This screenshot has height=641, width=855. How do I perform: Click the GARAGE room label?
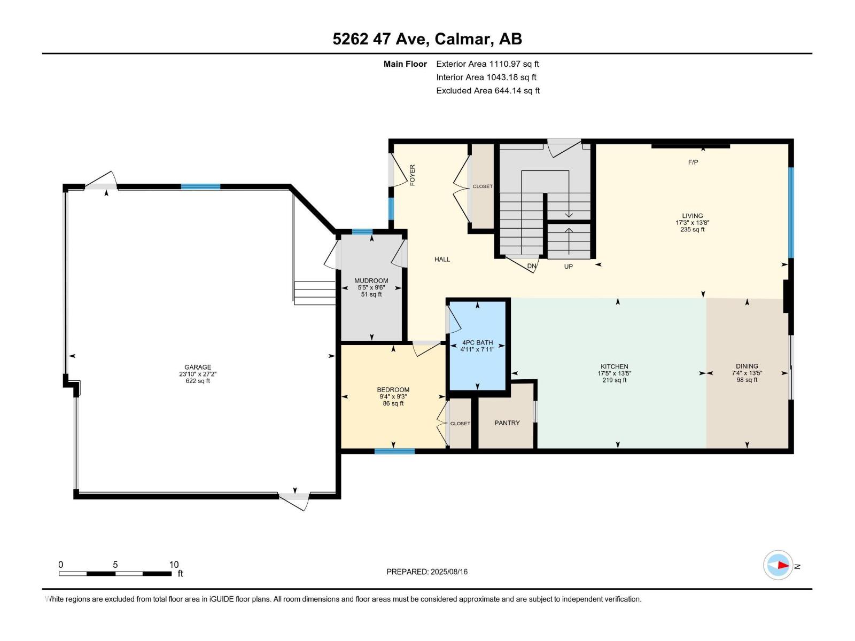click(x=198, y=367)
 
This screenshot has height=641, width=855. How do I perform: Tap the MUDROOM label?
click(x=371, y=280)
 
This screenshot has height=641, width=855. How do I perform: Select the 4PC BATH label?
click(x=478, y=342)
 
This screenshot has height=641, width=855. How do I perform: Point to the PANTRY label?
click(x=507, y=423)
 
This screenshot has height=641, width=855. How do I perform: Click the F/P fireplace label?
click(x=693, y=162)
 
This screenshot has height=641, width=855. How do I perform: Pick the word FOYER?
click(x=413, y=175)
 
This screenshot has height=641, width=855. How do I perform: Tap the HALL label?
click(x=442, y=259)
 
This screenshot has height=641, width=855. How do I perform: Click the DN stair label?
click(x=532, y=266)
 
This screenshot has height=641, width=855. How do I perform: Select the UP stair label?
click(x=569, y=267)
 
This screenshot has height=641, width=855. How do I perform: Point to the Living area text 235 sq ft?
click(x=692, y=230)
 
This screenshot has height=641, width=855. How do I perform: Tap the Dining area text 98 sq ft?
click(x=747, y=380)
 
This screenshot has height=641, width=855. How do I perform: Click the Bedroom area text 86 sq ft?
click(x=393, y=404)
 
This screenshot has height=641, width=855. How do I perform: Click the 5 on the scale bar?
click(x=115, y=565)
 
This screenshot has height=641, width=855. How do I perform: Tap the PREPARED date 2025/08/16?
click(x=449, y=572)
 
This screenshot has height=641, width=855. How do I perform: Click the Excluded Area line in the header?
click(x=488, y=91)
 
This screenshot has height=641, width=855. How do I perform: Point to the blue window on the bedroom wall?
click(x=394, y=451)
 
